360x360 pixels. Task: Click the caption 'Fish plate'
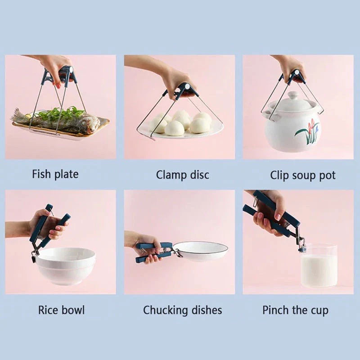tap(55, 174)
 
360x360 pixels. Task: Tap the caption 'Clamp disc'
tap(182, 175)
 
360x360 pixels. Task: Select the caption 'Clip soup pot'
tap(302, 175)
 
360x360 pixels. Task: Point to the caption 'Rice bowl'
tap(61, 310)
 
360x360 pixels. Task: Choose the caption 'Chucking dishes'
tap(182, 310)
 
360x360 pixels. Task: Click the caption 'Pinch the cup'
tap(295, 310)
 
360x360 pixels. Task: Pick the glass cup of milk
tap(319, 265)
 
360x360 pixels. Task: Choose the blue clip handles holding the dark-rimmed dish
tap(153, 252)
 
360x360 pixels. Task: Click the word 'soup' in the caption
tap(303, 175)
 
